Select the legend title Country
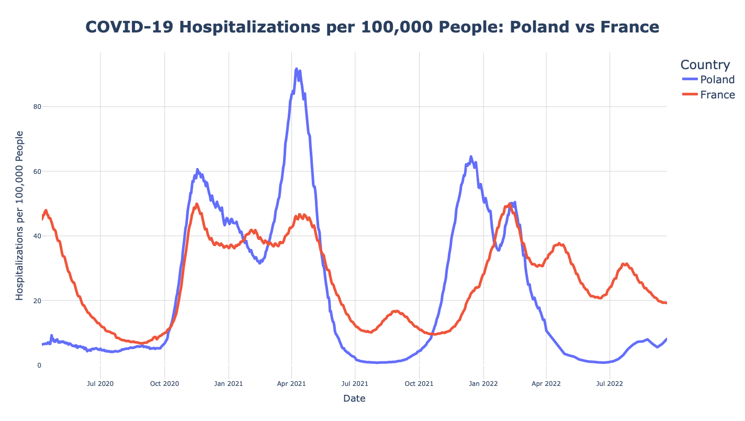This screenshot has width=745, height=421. coord(705,65)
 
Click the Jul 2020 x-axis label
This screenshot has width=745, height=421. coord(100,383)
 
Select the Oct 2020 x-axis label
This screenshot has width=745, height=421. coord(164,383)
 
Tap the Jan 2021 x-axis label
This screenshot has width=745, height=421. coord(229,383)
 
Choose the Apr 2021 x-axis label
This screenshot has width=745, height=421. coord(291,383)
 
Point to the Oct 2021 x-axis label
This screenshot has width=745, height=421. coord(419,383)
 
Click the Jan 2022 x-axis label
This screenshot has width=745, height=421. coord(483,383)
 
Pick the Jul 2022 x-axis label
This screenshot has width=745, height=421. coord(610,383)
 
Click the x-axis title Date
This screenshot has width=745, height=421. coord(354,398)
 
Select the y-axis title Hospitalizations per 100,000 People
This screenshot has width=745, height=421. coord(20,215)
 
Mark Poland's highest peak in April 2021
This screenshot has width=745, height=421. coord(297,69)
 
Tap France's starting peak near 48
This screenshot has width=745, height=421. coord(46,210)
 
